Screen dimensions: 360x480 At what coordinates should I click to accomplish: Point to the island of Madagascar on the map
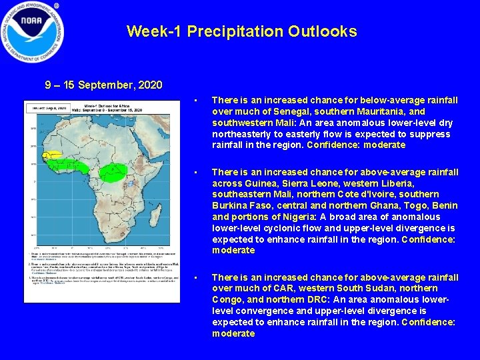pyautogui.click(x=157, y=213)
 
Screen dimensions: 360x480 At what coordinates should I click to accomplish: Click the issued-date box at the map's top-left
pyautogui.click(x=46, y=107)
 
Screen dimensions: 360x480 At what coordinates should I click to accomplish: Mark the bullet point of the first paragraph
pyautogui.click(x=196, y=101)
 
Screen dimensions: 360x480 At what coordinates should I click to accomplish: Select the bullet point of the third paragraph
pyautogui.click(x=196, y=277)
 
